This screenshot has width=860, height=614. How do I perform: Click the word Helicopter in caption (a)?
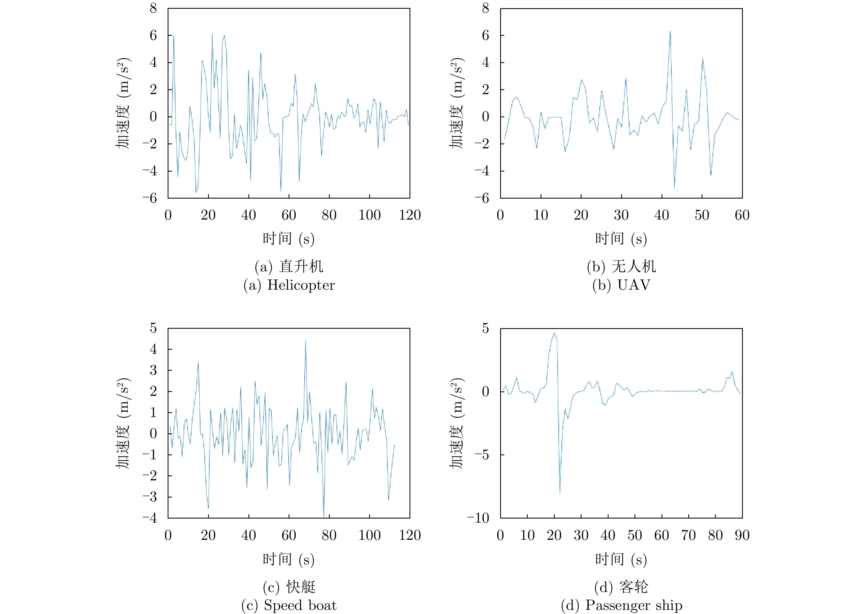(x=301, y=285)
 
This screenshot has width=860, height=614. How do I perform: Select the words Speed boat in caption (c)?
(x=300, y=605)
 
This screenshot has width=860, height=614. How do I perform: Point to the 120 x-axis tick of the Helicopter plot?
(x=410, y=215)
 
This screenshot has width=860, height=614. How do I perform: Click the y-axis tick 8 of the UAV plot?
(x=485, y=8)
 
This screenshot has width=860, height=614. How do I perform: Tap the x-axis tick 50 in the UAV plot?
(x=702, y=215)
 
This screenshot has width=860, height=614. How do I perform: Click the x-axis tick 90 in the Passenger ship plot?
(x=742, y=535)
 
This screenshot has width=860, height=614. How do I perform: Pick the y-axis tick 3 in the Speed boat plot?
(x=153, y=370)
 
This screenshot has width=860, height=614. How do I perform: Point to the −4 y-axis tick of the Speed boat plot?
(x=150, y=518)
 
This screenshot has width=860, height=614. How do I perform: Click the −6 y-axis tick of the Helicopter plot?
(x=150, y=198)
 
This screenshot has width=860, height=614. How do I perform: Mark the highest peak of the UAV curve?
(x=670, y=32)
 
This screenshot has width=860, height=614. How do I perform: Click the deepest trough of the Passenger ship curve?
(x=560, y=493)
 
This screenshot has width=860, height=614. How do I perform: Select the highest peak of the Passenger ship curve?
(x=554, y=334)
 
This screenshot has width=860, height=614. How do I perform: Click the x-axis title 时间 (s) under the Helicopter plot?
(x=288, y=239)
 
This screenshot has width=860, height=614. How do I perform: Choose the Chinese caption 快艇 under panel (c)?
(x=301, y=587)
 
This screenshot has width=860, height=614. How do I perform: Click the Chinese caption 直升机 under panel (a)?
(x=301, y=266)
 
